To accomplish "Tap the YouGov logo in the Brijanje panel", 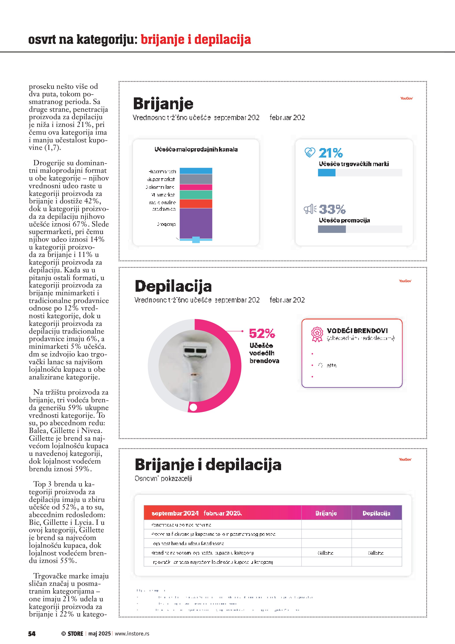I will pyautogui.click(x=406, y=98).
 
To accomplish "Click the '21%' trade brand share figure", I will pyautogui.click(x=331, y=153).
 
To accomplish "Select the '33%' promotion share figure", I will pyautogui.click(x=332, y=209).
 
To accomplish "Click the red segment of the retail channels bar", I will pyautogui.click(x=196, y=204).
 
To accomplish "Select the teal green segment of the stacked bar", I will pyautogui.click(x=196, y=195).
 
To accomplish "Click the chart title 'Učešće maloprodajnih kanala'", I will pyautogui.click(x=196, y=150).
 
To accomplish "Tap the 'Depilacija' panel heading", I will pyautogui.click(x=173, y=286).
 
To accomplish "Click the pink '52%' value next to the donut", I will pyautogui.click(x=262, y=334).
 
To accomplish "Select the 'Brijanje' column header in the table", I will pyautogui.click(x=326, y=513).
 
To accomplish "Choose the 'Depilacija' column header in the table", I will pyautogui.click(x=376, y=513).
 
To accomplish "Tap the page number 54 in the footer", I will pyautogui.click(x=32, y=634).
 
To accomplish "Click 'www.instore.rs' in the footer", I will pyautogui.click(x=132, y=634).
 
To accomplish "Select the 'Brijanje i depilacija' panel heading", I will pyautogui.click(x=208, y=464).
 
